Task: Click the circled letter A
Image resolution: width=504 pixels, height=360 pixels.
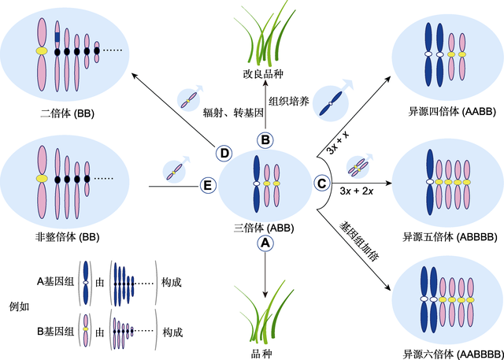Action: (x=265, y=244)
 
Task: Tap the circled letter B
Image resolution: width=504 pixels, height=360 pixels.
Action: (x=265, y=139)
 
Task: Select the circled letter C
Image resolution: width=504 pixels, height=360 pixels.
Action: (x=321, y=184)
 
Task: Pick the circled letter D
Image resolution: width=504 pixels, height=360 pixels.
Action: (x=224, y=152)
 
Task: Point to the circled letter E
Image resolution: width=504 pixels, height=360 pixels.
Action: (x=208, y=186)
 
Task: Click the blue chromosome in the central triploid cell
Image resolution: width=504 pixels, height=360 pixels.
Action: (x=257, y=183)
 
